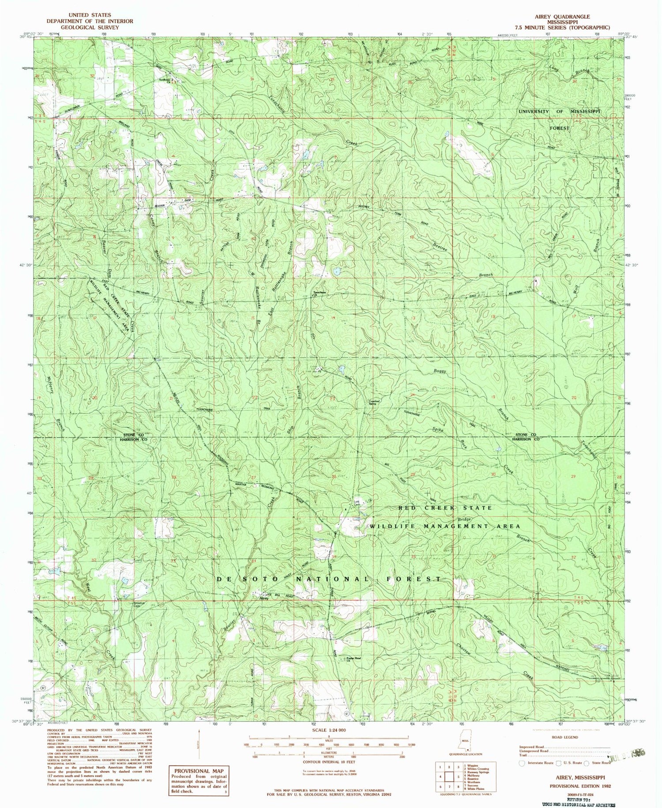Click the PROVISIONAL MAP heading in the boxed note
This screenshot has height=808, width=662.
click(x=199, y=771)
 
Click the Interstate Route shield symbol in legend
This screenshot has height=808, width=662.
click(x=522, y=762)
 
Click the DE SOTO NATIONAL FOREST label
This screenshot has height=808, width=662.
click(x=328, y=579)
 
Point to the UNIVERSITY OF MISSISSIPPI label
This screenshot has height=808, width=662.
click(x=559, y=112)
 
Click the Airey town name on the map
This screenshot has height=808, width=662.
click(x=264, y=599)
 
